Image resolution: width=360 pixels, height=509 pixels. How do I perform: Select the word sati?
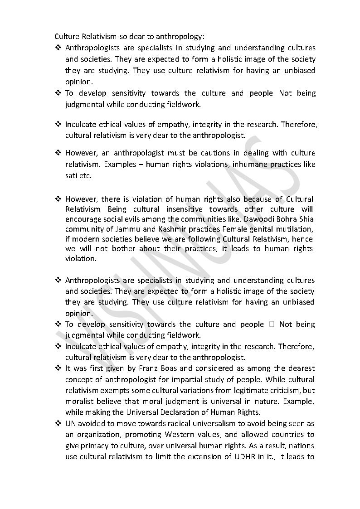[x=71, y=175]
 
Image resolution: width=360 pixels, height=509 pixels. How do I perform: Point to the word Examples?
[x=117, y=165]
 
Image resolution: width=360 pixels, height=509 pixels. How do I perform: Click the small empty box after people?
[x=272, y=325]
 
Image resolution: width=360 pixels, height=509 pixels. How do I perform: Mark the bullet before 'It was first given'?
[x=58, y=368]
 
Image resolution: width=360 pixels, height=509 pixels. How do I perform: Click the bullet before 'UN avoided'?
[x=58, y=424]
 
